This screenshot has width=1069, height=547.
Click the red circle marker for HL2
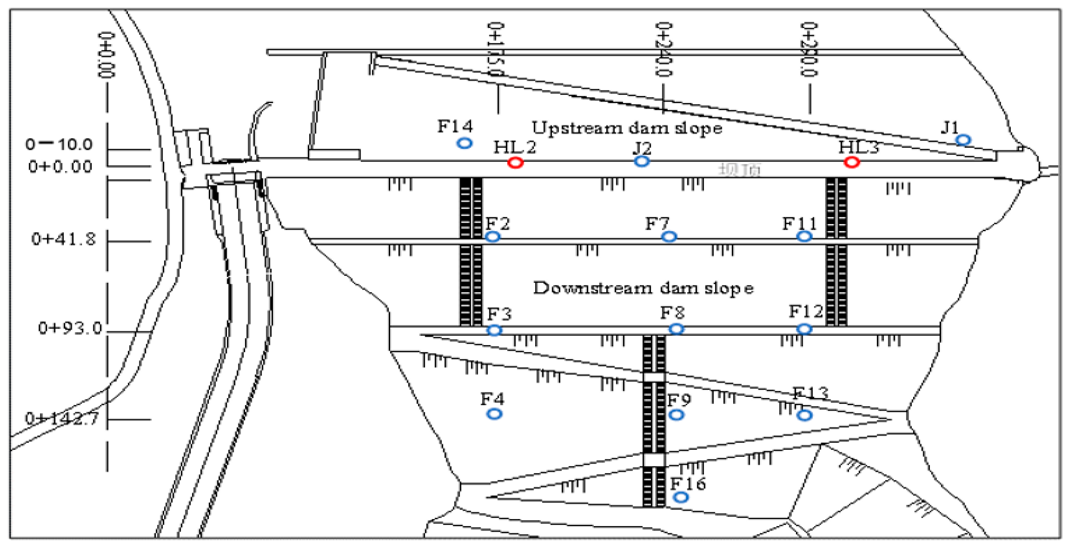pyautogui.click(x=515, y=163)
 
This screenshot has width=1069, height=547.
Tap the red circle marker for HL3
pyautogui.click(x=851, y=162)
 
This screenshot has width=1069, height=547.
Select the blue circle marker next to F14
pyautogui.click(x=464, y=143)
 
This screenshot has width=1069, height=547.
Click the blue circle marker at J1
pyautogui.click(x=963, y=140)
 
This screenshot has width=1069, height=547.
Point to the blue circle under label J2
pyautogui.click(x=641, y=161)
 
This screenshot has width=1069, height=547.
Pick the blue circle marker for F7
pyautogui.click(x=669, y=237)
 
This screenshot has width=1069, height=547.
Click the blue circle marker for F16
pyautogui.click(x=681, y=497)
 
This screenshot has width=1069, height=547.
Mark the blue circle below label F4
pyautogui.click(x=494, y=414)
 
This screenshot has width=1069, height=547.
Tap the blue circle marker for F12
pyautogui.click(x=804, y=329)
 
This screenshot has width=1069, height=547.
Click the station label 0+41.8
pyautogui.click(x=63, y=239)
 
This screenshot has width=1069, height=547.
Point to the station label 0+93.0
pyautogui.click(x=70, y=328)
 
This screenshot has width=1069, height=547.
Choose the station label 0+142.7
pyautogui.click(x=62, y=418)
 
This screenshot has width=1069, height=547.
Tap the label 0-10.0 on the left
pyautogui.click(x=59, y=144)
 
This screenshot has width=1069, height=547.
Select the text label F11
pyautogui.click(x=799, y=224)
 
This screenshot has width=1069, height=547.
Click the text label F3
pyautogui.click(x=499, y=313)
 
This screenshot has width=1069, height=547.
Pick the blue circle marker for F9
pyautogui.click(x=676, y=415)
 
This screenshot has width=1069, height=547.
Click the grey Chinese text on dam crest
pyautogui.click(x=739, y=170)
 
